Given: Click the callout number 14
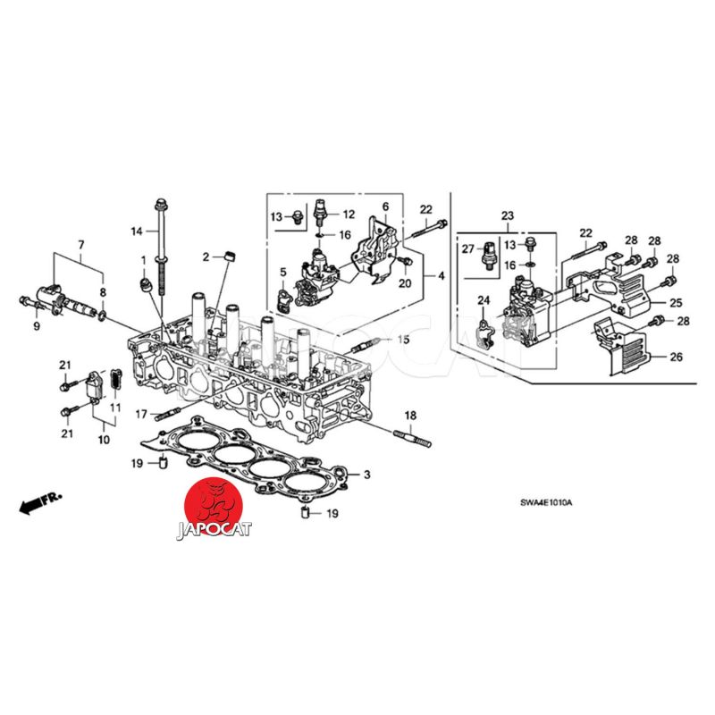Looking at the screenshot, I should (x=137, y=232).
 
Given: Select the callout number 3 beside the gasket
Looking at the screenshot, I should (x=366, y=474).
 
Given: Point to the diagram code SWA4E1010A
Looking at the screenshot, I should (x=546, y=504).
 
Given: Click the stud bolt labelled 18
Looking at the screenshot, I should (x=411, y=438).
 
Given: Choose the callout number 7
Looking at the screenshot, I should (x=80, y=244).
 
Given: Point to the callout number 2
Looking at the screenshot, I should (x=206, y=257).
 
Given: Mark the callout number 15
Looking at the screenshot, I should (x=403, y=340).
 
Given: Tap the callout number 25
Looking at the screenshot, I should (x=677, y=303).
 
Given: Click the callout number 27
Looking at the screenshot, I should (x=467, y=249).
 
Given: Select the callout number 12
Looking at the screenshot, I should (x=349, y=214).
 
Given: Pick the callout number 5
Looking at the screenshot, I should (x=282, y=272).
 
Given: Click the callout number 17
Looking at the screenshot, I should (x=141, y=414).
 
